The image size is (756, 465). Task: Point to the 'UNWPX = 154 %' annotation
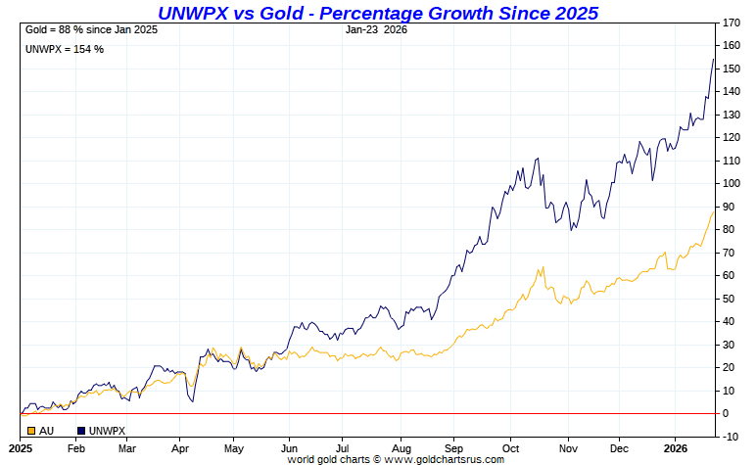[64, 49]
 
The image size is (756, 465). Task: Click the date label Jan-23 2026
[377, 29]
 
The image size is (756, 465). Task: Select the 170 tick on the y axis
[731, 23]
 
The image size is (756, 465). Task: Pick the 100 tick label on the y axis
[731, 183]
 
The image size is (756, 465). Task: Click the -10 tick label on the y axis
[731, 436]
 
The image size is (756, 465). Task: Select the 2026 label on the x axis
[676, 448]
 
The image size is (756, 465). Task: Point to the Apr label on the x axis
[180, 448]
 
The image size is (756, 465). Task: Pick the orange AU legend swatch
[32, 430]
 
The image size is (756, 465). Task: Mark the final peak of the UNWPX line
[713, 60]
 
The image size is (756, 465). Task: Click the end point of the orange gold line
[713, 210]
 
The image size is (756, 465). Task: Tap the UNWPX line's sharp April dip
[192, 401]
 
